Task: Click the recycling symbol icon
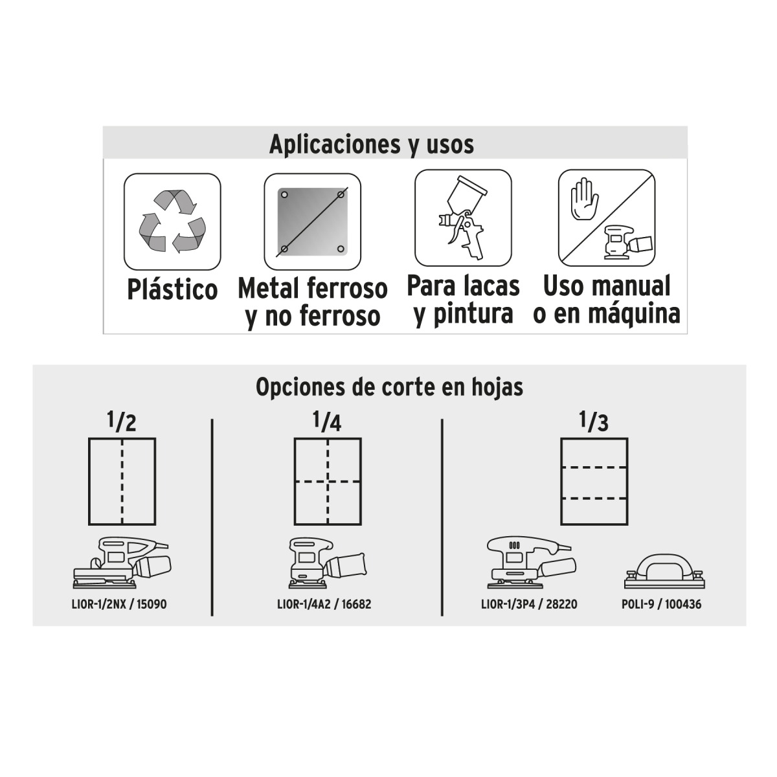click(x=172, y=221)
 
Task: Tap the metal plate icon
click(x=313, y=221)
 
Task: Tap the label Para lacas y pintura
click(x=464, y=300)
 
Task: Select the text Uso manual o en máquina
click(x=607, y=300)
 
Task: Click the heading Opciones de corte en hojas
click(x=390, y=387)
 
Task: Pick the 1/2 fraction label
click(x=122, y=422)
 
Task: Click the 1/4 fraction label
click(x=327, y=422)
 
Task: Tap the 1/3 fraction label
click(x=594, y=422)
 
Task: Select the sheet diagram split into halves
click(x=122, y=482)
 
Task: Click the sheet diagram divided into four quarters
click(x=328, y=482)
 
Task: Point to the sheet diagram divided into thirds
click(x=594, y=482)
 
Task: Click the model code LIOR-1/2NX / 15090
click(x=119, y=604)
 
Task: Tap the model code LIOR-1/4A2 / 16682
click(x=324, y=604)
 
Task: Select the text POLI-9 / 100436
click(x=661, y=604)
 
